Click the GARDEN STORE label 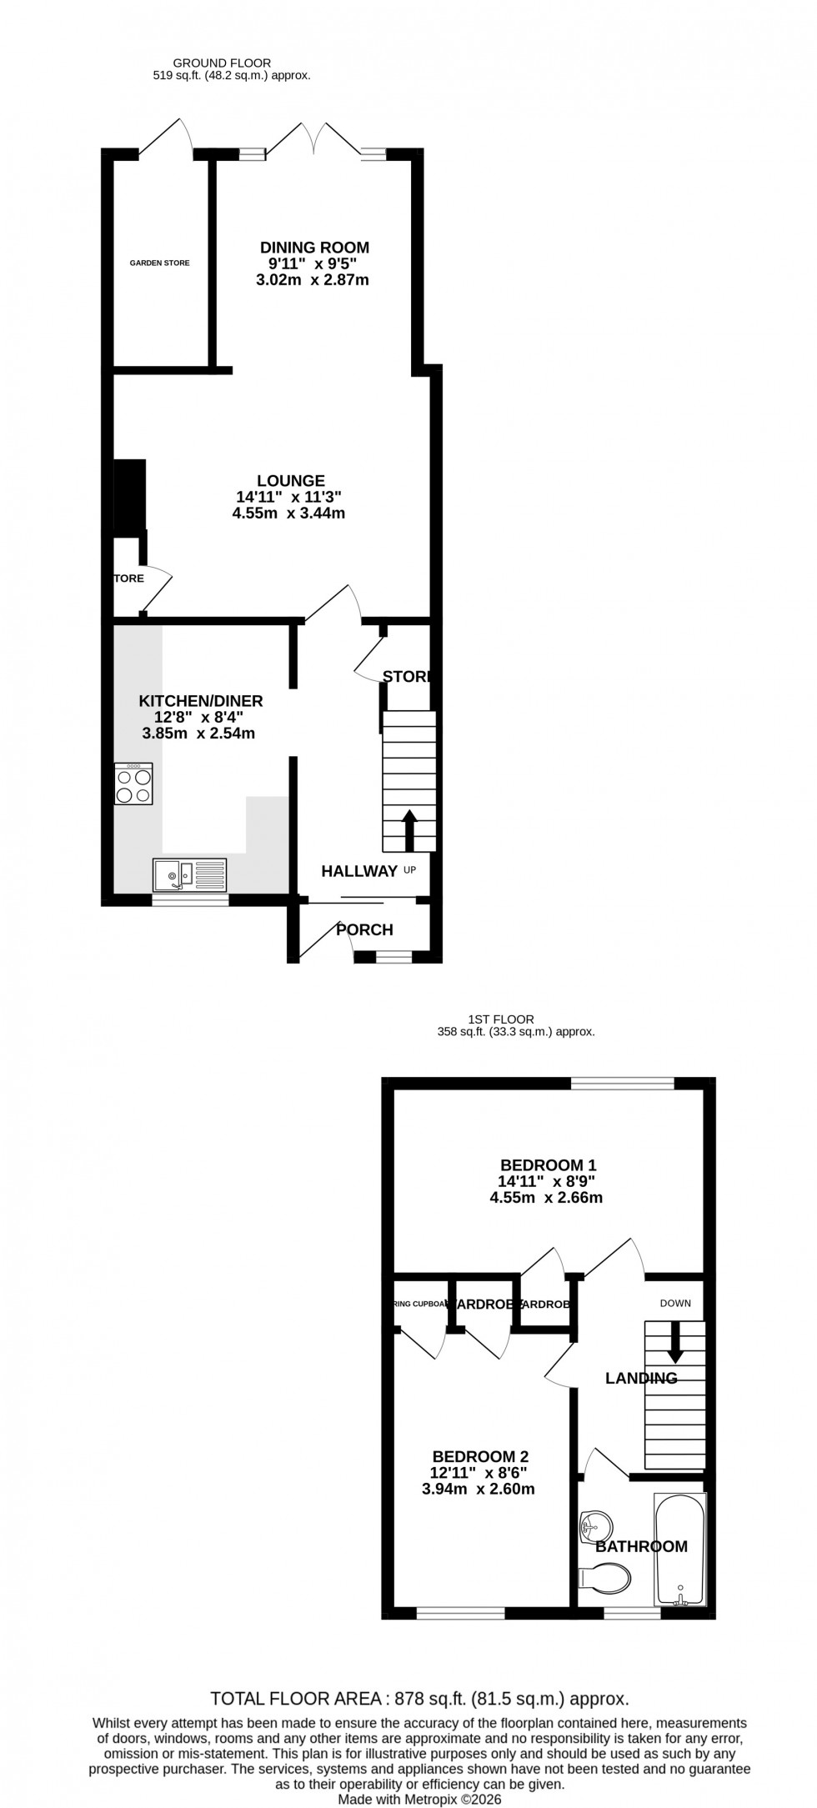tap(159, 263)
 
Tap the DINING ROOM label tap(314, 248)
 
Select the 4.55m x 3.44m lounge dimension tap(288, 513)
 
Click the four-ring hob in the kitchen tap(133, 784)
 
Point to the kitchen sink tap(189, 874)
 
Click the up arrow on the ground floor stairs tap(409, 829)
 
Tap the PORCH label tap(364, 929)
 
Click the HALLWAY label tap(359, 871)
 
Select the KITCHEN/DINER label tap(201, 700)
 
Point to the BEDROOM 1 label tap(548, 1164)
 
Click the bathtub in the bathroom tap(680, 1549)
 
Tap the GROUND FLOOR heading tap(222, 63)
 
